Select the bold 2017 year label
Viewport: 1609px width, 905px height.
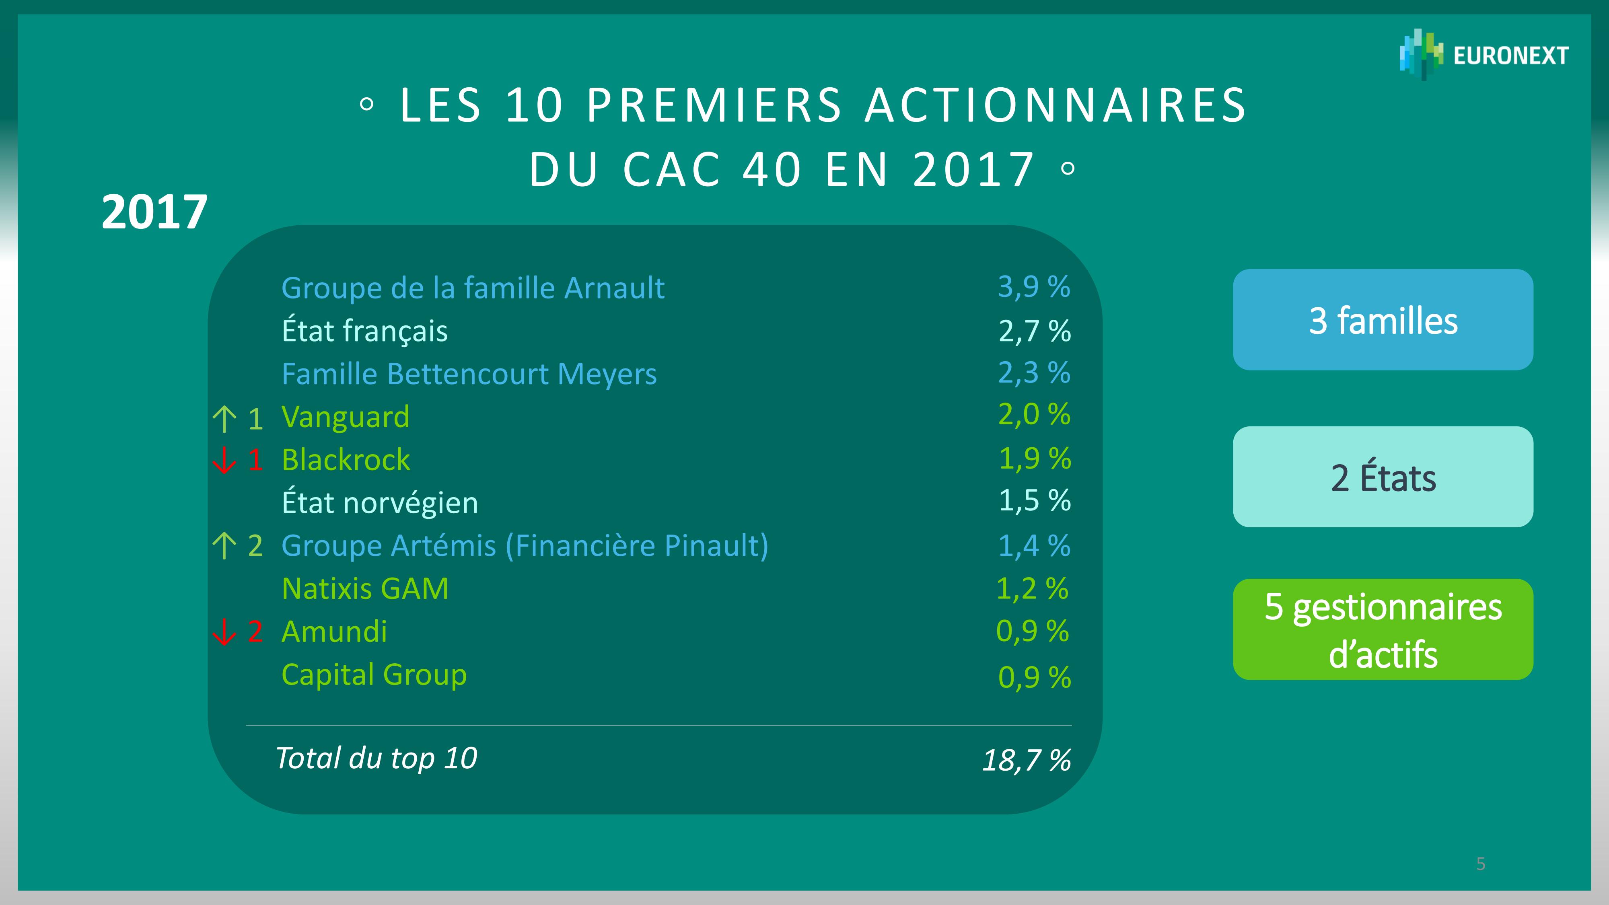coord(154,212)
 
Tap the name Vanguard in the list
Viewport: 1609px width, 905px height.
coord(346,417)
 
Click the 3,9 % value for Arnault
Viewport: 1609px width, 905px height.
coord(1034,287)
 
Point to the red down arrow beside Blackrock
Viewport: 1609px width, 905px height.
coord(224,460)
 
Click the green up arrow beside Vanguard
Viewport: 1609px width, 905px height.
coord(224,418)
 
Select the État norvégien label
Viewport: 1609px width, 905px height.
coord(380,503)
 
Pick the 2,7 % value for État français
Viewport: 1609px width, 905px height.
coord(1034,331)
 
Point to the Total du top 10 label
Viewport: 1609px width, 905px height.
coord(376,758)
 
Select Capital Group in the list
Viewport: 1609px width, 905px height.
coord(374,675)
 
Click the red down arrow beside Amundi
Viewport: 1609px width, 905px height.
coord(224,632)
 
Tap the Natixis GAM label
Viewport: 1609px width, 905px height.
coord(365,589)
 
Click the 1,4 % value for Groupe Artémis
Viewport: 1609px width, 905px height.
coord(1034,546)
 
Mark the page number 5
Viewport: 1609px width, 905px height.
coord(1480,864)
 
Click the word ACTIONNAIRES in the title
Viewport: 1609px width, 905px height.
coord(1056,105)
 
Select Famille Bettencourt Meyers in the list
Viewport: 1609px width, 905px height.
coord(469,374)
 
